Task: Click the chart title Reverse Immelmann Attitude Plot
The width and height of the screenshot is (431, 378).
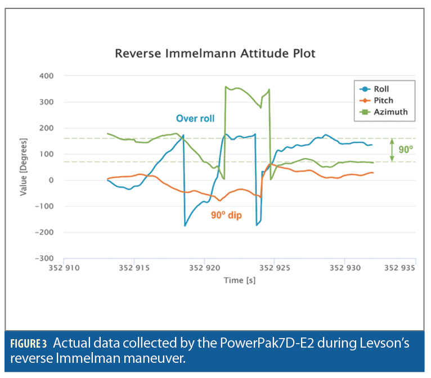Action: [215, 54]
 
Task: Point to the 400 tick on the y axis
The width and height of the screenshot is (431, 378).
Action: [46, 76]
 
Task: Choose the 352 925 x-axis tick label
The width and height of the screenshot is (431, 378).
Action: [275, 268]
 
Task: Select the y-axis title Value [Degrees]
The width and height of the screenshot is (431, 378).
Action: [24, 167]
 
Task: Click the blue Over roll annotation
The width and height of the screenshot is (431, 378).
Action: [195, 119]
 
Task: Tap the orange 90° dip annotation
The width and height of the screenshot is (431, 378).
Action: [226, 215]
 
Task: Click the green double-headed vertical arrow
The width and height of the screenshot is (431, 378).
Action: [393, 150]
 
